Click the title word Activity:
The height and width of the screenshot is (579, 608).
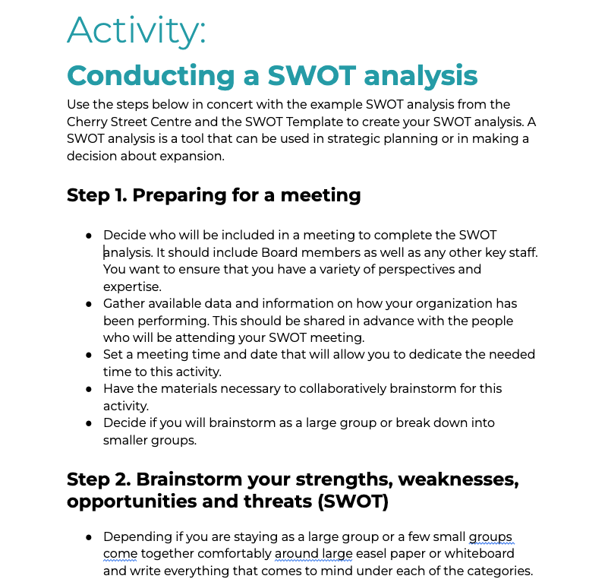tap(137, 30)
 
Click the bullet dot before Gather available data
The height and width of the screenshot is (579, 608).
tap(89, 304)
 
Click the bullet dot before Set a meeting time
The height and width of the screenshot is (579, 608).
tap(89, 355)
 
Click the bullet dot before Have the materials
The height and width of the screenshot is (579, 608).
tap(89, 389)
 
